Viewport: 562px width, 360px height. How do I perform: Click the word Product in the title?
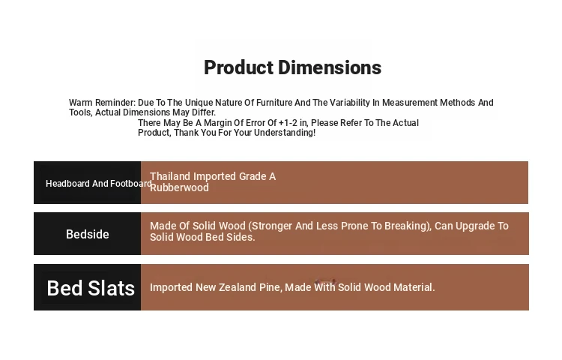point(239,67)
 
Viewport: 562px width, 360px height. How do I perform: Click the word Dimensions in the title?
point(330,67)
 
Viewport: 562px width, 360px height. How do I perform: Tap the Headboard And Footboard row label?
point(99,184)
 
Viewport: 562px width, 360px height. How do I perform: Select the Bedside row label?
point(88,234)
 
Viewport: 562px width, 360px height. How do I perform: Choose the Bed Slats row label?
point(91,288)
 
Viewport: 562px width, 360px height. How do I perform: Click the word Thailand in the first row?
point(170,176)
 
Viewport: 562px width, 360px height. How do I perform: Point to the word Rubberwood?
point(179,187)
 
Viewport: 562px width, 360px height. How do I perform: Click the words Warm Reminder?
point(102,103)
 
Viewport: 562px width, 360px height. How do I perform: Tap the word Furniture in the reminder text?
point(274,103)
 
